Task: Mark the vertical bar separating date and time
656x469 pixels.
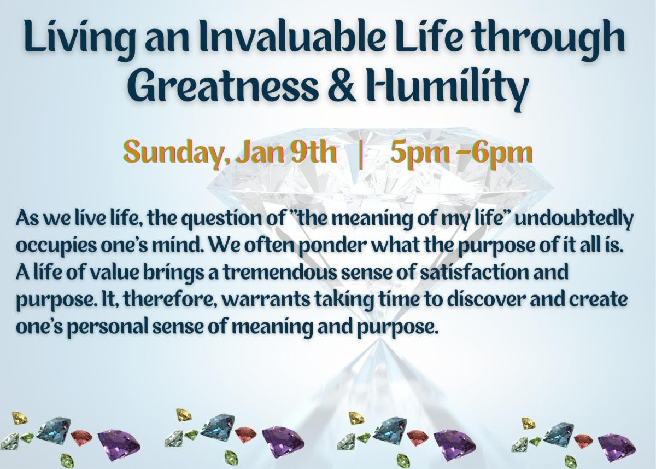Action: tap(362, 154)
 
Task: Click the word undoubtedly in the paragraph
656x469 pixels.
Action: tap(575, 218)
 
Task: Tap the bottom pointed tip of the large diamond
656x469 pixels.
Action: tap(380, 339)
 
